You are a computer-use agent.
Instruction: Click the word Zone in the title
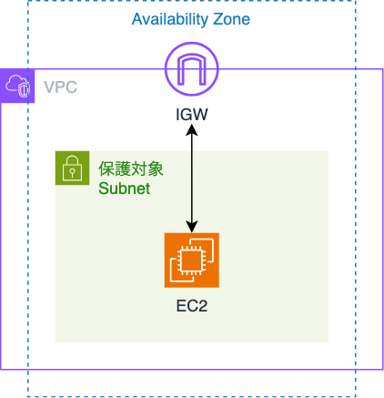pos(231,19)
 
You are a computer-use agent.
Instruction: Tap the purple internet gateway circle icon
pos(192,69)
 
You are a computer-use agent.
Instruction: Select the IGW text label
pos(192,115)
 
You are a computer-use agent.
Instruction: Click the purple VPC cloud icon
pos(17,86)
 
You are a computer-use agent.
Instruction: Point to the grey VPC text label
pos(60,87)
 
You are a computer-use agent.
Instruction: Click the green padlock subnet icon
pos(72,168)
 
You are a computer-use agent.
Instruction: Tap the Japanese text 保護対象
pos(131,168)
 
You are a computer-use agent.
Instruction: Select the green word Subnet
pos(124,189)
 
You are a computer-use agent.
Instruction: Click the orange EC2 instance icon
pos(192,260)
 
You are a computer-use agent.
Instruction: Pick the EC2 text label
pos(192,306)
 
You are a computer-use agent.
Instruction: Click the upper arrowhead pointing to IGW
pos(192,129)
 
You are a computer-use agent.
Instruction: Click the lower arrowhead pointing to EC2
pos(192,227)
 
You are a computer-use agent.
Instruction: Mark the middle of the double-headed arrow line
pos(192,179)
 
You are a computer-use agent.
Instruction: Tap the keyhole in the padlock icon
pos(72,173)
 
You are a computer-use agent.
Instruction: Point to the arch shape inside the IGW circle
pos(192,70)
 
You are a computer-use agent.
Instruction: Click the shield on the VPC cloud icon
pos(25,89)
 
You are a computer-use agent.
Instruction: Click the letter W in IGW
pos(200,115)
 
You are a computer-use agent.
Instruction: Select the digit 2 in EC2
pos(203,306)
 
